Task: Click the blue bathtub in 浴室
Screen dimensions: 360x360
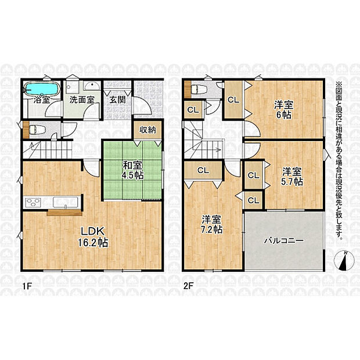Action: click(x=42, y=89)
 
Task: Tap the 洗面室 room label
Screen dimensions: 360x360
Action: click(x=82, y=100)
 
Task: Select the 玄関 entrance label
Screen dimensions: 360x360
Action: click(x=117, y=100)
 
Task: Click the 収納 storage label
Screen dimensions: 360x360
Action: click(x=147, y=130)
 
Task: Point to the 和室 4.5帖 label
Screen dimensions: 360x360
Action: click(x=132, y=170)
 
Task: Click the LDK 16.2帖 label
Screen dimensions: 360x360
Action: click(x=92, y=237)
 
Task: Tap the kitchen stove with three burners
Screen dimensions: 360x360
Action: click(x=33, y=202)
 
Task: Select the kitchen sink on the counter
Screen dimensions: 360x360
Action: click(x=66, y=202)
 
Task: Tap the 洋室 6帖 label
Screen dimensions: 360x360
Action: click(x=284, y=110)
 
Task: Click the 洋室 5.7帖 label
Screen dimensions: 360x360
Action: click(x=292, y=177)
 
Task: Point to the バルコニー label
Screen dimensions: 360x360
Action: click(x=284, y=240)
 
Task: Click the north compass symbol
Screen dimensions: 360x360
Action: click(x=343, y=261)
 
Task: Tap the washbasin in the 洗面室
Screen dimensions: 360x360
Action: click(x=92, y=86)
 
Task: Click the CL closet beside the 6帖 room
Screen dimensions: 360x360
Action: click(x=233, y=99)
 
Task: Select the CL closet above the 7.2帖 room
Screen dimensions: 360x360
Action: click(x=203, y=170)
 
